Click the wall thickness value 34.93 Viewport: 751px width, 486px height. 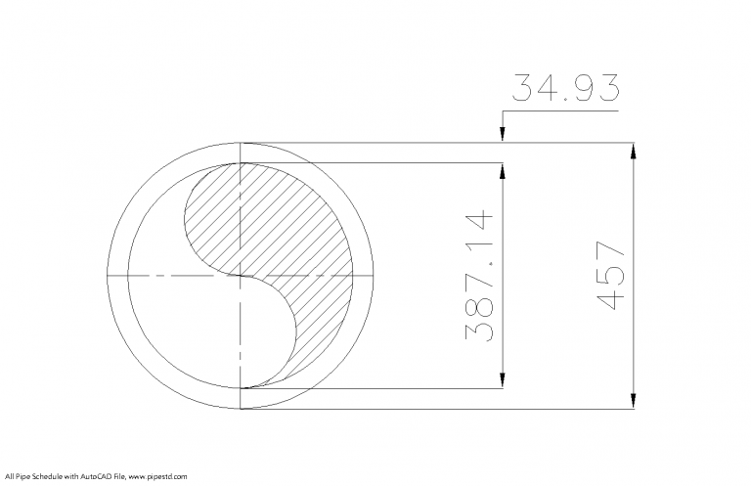tap(565, 89)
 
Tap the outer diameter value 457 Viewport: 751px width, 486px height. tap(610, 277)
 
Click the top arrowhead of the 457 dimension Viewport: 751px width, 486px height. tap(634, 152)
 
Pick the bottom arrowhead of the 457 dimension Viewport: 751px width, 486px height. tap(634, 400)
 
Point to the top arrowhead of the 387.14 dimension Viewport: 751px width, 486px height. tap(502, 171)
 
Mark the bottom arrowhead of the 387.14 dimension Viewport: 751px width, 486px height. tap(502, 379)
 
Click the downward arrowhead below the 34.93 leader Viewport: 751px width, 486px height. tap(502, 136)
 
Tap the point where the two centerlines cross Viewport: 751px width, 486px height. tap(241, 276)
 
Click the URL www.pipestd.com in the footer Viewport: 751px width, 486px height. tap(156, 476)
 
